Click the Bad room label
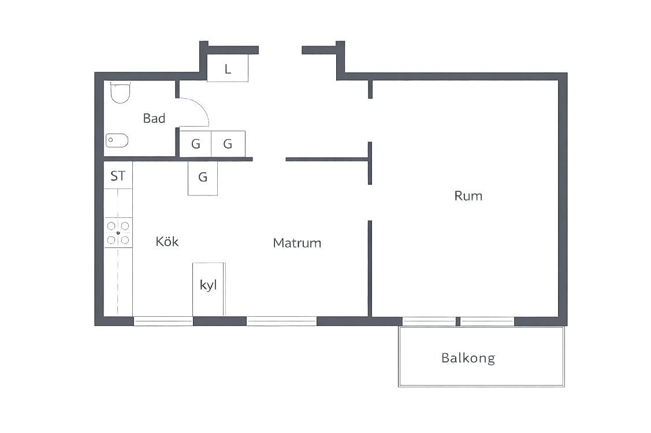coord(154,119)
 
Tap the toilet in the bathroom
coord(120,92)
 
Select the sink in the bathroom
coord(117,140)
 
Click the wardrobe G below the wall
coord(203,178)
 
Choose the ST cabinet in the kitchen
coord(118,176)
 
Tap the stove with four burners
coord(118,232)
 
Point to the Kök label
coord(167,242)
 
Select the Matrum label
coord(297,243)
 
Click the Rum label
coord(468,196)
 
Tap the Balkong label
coord(468,358)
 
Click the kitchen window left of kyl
coord(163,321)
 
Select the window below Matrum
coord(281,321)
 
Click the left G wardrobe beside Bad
coord(195,144)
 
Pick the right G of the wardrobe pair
coord(228,144)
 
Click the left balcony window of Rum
coord(429,321)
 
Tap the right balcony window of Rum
coord(488,321)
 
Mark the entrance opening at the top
coord(280,50)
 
